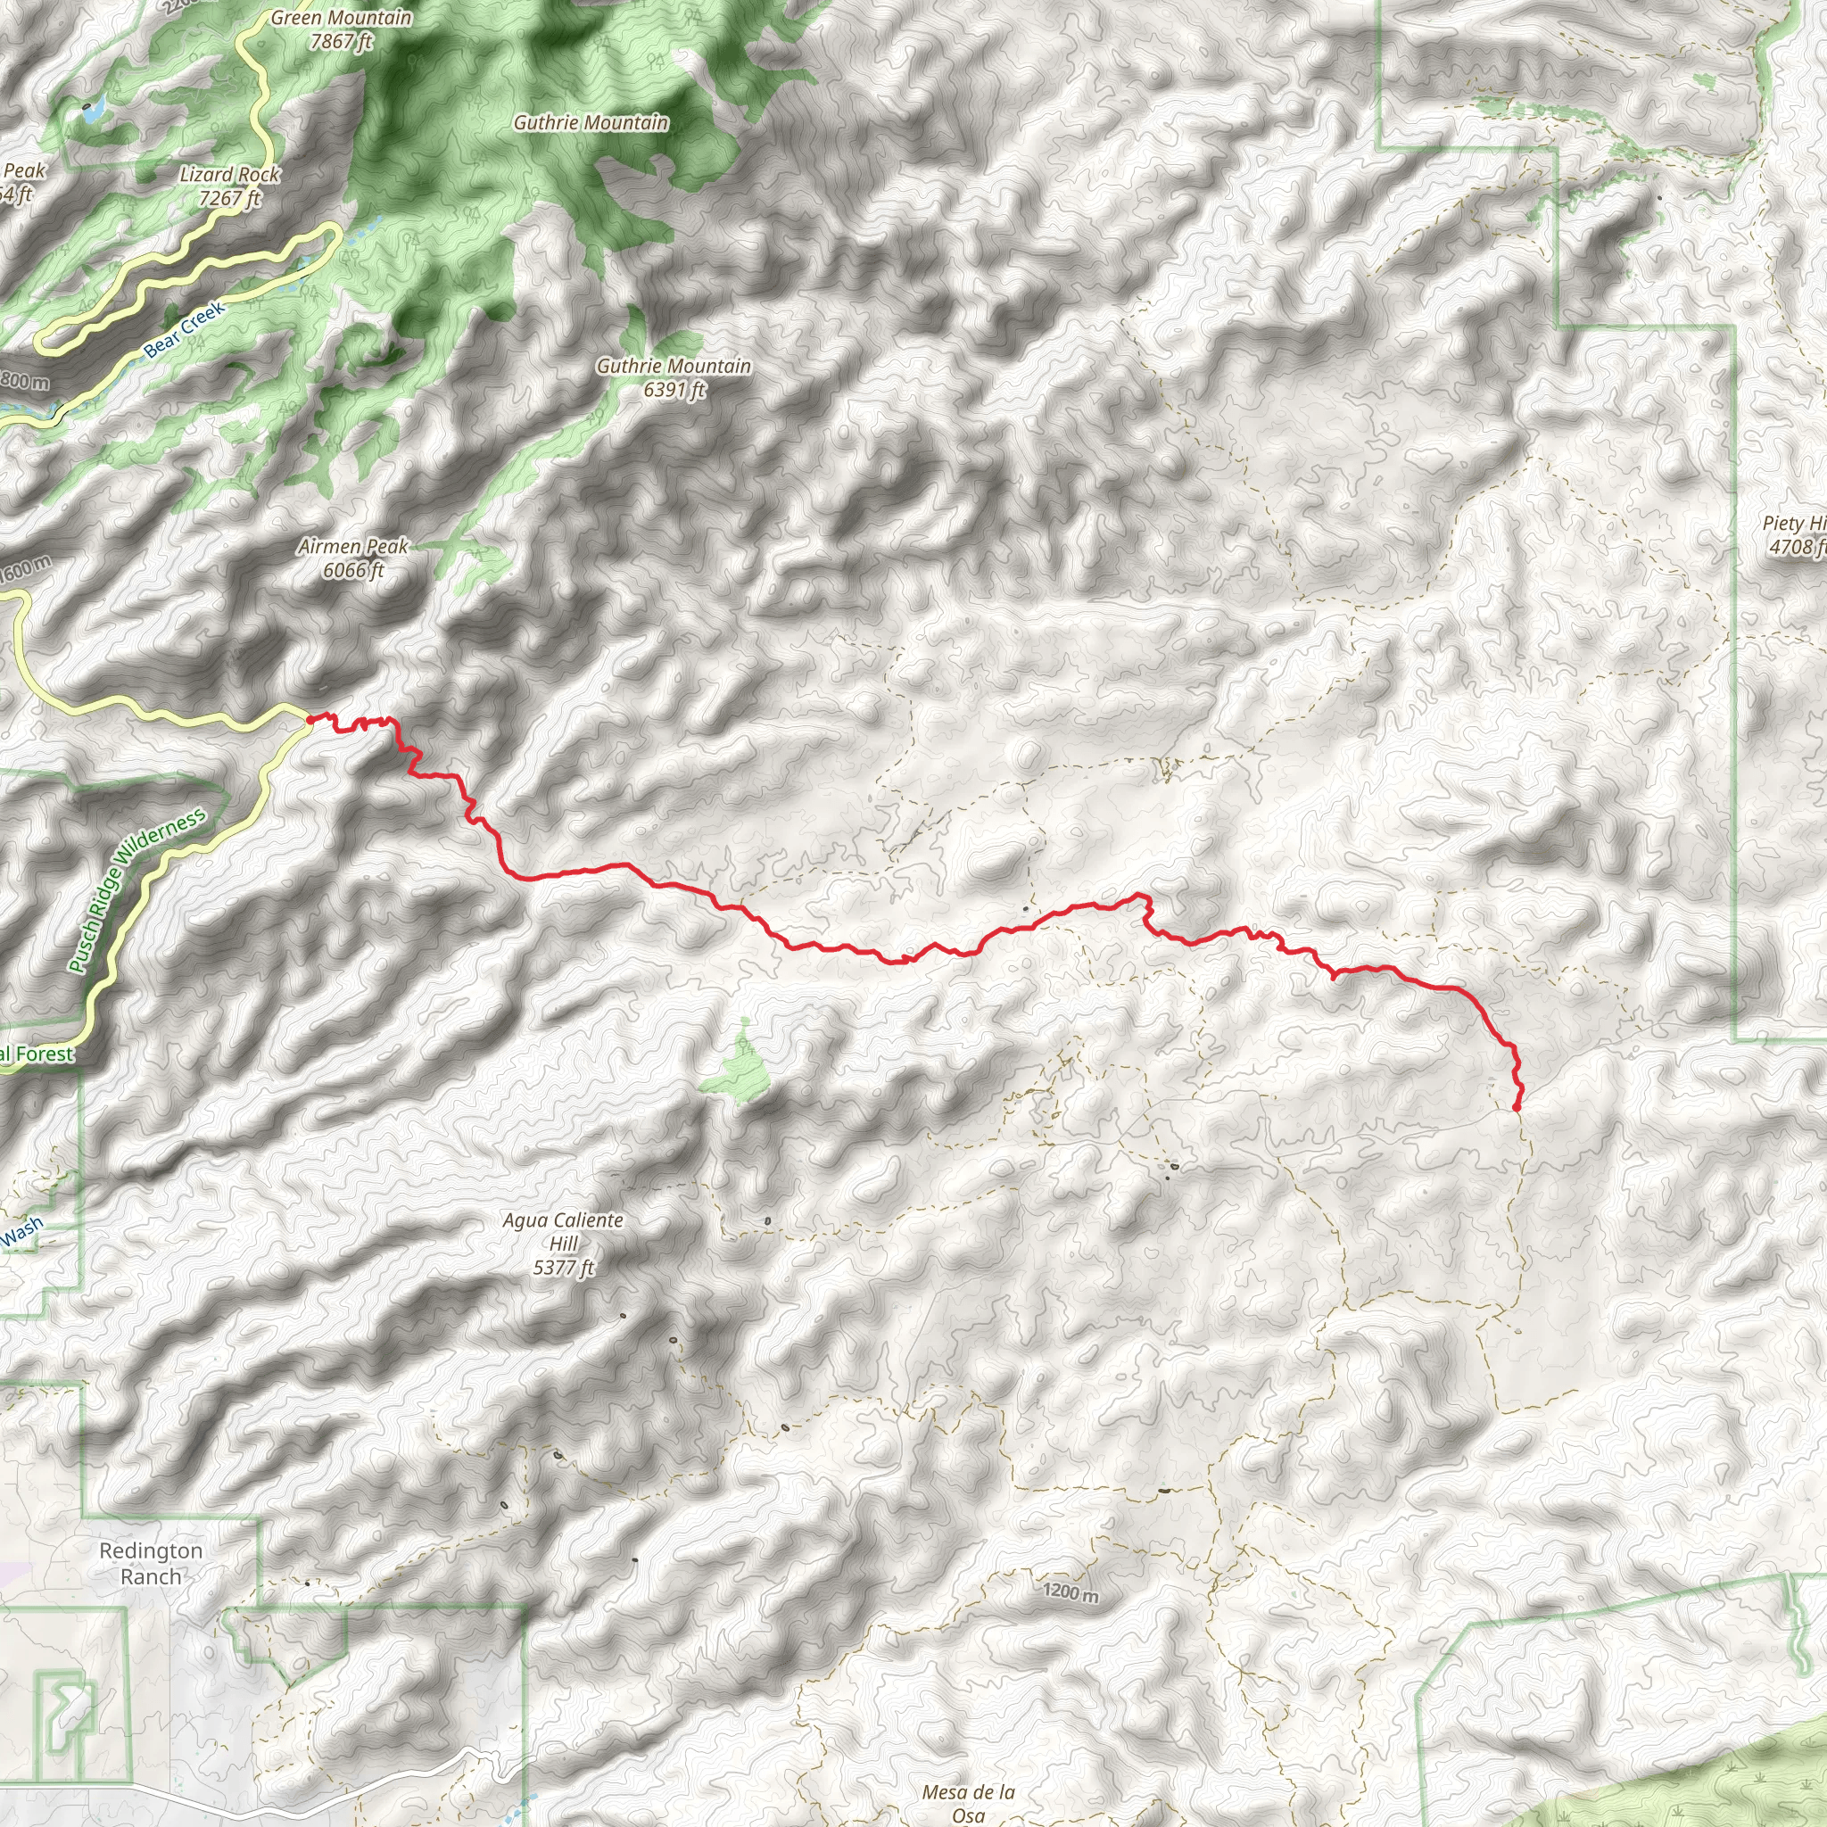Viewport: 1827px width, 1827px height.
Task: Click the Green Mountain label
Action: point(342,18)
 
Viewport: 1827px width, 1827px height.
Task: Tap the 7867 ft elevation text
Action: point(342,42)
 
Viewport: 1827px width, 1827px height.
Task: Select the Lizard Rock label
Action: point(230,175)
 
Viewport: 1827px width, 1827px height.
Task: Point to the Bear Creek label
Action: point(186,329)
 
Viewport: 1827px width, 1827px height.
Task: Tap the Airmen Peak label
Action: point(352,547)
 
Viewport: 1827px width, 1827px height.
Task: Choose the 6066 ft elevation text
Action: point(352,570)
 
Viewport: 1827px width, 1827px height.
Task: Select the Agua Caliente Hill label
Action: point(563,1231)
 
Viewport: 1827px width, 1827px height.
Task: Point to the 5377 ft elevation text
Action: point(563,1269)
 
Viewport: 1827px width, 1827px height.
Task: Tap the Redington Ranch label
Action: point(152,1563)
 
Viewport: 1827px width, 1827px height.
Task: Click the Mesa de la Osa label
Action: point(968,1802)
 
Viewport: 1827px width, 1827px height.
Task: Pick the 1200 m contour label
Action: point(1071,1592)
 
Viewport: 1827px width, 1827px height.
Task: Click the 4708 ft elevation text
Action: point(1797,547)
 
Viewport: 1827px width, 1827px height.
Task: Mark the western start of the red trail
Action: point(310,721)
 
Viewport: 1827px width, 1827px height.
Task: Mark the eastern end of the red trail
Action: point(1517,1105)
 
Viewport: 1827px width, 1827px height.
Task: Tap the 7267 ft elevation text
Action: point(230,199)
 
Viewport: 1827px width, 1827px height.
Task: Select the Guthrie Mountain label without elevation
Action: point(591,123)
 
